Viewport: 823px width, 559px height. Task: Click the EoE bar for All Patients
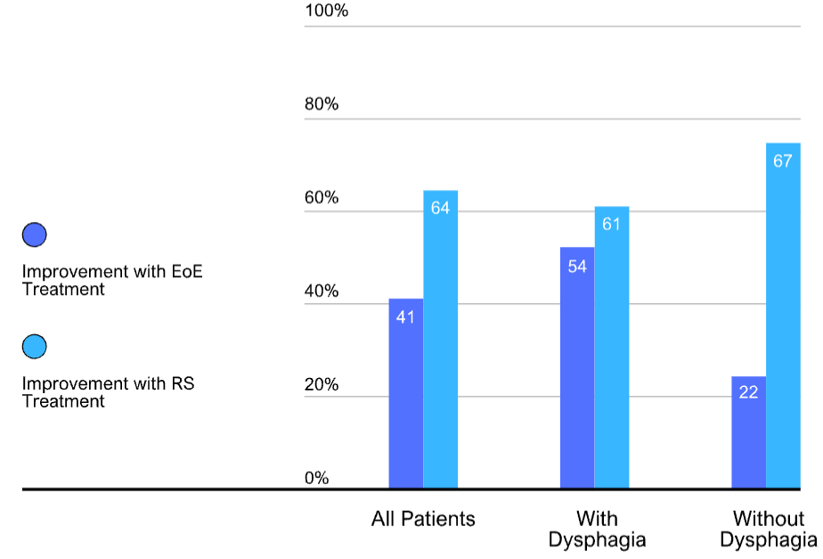406,393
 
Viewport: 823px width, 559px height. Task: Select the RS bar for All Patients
440,340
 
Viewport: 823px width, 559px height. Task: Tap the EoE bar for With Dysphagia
577,367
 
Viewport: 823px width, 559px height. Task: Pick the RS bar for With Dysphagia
612,348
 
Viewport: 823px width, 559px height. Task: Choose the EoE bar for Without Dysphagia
748,432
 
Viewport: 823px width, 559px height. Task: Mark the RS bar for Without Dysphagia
783,316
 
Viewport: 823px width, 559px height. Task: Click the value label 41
405,316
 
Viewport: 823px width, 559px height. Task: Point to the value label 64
440,208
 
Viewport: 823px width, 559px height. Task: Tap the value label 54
577,267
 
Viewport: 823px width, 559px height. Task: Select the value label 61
612,225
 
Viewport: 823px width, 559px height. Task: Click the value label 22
748,392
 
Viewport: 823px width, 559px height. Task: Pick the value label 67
783,160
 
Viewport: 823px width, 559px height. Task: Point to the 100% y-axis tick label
327,11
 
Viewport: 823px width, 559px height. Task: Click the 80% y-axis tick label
322,104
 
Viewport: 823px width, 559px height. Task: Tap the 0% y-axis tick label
317,478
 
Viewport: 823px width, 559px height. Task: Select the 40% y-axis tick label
322,291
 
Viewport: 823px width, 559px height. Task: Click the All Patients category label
423,519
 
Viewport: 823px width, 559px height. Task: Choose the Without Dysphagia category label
769,529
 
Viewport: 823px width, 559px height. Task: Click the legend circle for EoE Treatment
35,234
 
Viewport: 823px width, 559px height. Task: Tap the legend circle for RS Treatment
35,346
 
